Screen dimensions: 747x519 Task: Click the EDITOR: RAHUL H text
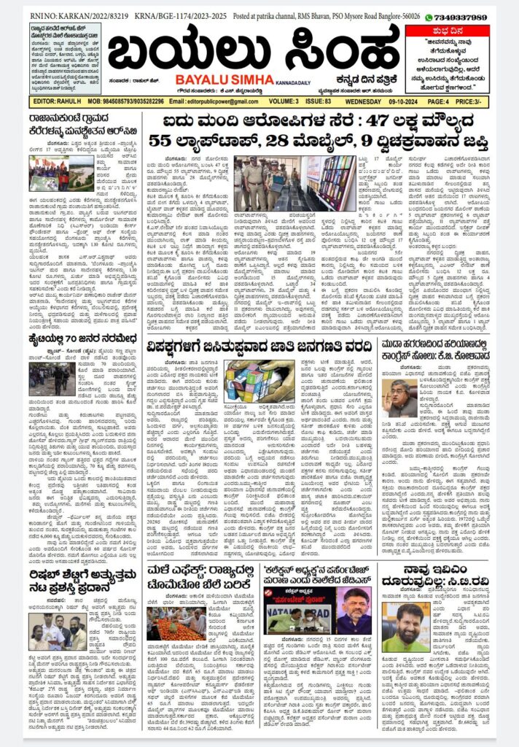(55, 101)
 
